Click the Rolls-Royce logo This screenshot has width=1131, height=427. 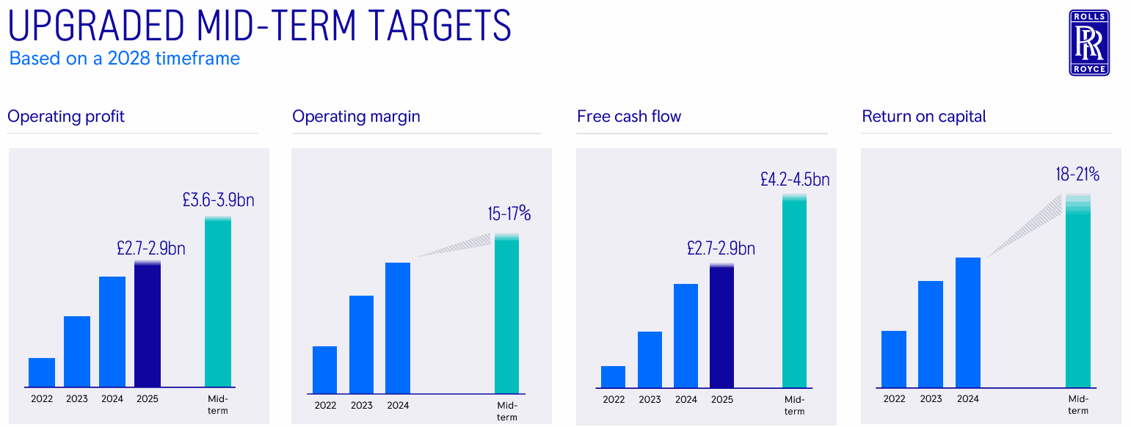coord(1089,43)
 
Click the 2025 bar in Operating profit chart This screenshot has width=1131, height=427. coord(148,324)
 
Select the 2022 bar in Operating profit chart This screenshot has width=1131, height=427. coord(42,372)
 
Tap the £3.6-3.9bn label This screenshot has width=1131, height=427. coord(218,200)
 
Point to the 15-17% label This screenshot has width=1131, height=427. coord(509,214)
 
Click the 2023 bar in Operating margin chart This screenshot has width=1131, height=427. coord(361,344)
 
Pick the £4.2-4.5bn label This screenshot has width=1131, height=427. coord(795,179)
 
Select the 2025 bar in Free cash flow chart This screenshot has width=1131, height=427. coord(721,326)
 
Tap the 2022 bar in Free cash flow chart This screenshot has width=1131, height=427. coord(613,376)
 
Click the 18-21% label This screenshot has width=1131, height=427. coord(1077,174)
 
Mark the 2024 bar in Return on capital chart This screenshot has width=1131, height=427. coord(968,322)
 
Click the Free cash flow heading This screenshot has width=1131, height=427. coord(629,116)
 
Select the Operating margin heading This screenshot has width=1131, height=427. coord(356,116)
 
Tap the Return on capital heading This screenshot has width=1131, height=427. coord(924,116)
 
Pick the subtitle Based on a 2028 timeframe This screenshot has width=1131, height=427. coord(125,58)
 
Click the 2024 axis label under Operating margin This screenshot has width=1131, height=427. coord(398,405)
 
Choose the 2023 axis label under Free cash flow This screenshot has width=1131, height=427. coord(650,400)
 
